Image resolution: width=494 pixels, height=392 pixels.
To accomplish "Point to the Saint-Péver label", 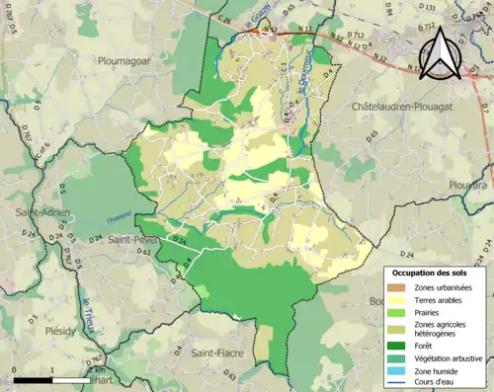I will point(134,239).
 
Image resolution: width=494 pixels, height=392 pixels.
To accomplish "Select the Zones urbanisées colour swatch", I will point(399,287).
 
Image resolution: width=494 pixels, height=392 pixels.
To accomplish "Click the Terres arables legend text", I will point(442,300).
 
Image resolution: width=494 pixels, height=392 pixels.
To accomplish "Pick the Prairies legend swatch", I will point(399,313).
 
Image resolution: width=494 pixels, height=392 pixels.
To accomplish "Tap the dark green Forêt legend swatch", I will point(399,345).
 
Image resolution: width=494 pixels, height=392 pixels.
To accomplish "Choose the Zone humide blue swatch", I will point(399,370).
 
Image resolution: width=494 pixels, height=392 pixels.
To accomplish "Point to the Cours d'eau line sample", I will point(399,383).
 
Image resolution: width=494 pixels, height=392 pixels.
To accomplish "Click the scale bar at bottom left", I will point(49,378).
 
